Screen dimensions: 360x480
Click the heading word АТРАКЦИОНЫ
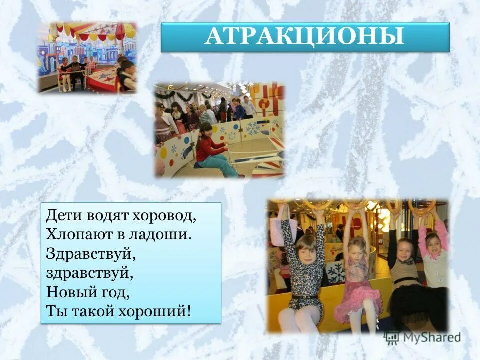[x=304, y=37]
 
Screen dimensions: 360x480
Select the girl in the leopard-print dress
[x=303, y=270]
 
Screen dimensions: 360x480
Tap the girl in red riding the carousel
[x=212, y=150]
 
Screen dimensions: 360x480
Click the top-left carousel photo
[x=87, y=57]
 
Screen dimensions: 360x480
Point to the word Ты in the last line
[x=54, y=310]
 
